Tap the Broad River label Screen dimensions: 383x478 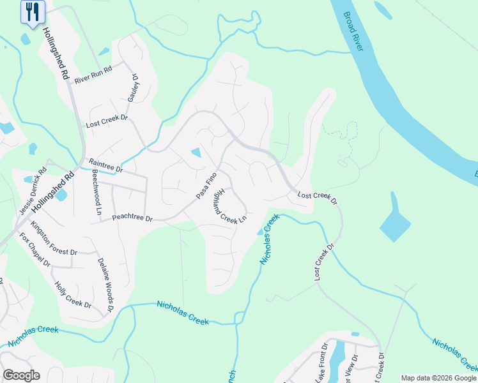[356, 28]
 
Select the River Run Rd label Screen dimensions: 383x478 [93, 75]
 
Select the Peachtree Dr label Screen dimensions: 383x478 [132, 218]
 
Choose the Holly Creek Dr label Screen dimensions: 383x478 [73, 296]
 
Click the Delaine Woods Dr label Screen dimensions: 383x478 [105, 284]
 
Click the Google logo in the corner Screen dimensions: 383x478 [21, 375]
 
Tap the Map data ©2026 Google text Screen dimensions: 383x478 [438, 378]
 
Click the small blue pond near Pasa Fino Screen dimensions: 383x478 [196, 153]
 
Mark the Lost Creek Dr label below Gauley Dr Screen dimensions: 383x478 [107, 119]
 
